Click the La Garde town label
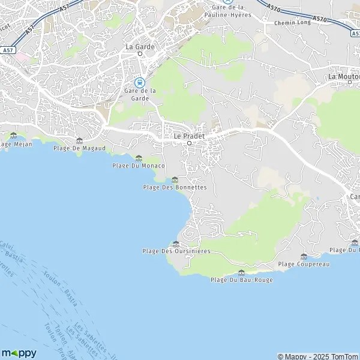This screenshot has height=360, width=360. click(139, 46)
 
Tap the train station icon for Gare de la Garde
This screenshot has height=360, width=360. click(139, 82)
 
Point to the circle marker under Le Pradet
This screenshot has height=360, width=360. click(189, 143)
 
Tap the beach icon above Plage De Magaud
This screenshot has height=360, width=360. click(79, 140)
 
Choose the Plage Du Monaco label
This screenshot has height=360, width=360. click(139, 165)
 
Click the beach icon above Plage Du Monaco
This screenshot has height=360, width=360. click(139, 158)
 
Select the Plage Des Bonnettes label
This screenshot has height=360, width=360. click(175, 187)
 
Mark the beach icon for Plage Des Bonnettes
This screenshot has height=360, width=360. click(175, 179)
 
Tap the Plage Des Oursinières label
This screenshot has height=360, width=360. click(176, 251)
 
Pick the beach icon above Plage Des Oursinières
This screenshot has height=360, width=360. click(176, 244)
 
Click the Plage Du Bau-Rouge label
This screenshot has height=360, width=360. click(242, 280)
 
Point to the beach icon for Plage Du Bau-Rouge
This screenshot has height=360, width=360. click(241, 272)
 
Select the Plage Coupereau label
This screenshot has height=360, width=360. click(304, 264)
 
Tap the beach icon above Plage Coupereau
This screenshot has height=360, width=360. click(304, 256)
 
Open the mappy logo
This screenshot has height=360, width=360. click(19, 353)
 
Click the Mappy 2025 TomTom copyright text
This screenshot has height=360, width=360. click(317, 356)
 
